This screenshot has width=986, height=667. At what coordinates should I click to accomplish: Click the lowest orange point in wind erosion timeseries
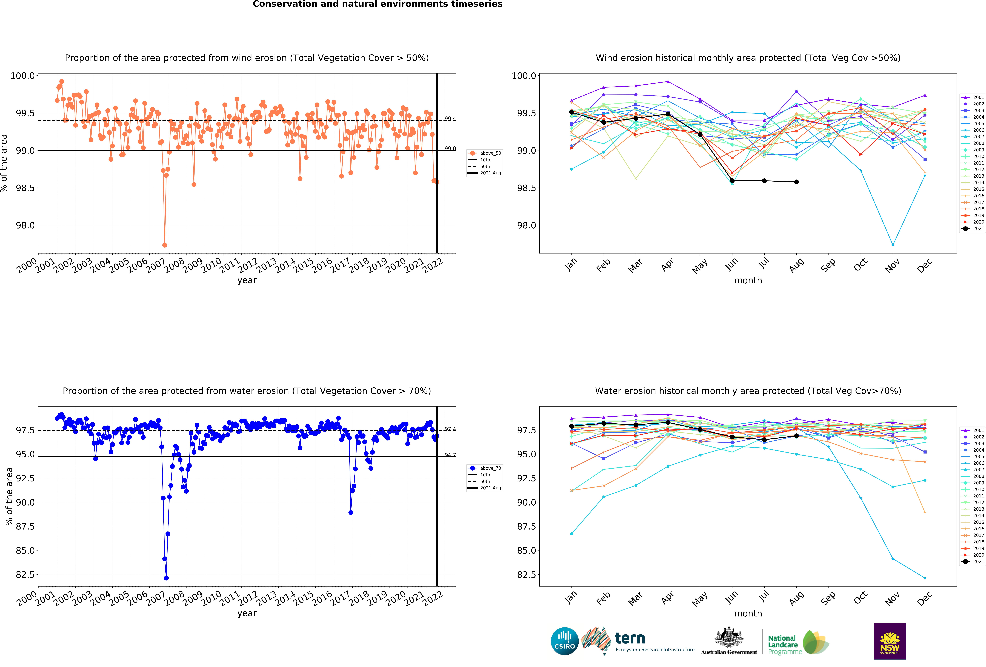165,245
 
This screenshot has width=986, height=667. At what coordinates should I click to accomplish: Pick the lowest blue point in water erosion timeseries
166,578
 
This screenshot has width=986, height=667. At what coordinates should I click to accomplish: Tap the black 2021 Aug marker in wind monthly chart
796,182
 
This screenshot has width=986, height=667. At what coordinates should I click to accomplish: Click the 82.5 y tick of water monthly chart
526,574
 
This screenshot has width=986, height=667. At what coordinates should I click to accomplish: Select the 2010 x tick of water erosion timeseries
211,598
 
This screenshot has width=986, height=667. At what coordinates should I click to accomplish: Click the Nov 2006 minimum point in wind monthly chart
893,245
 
